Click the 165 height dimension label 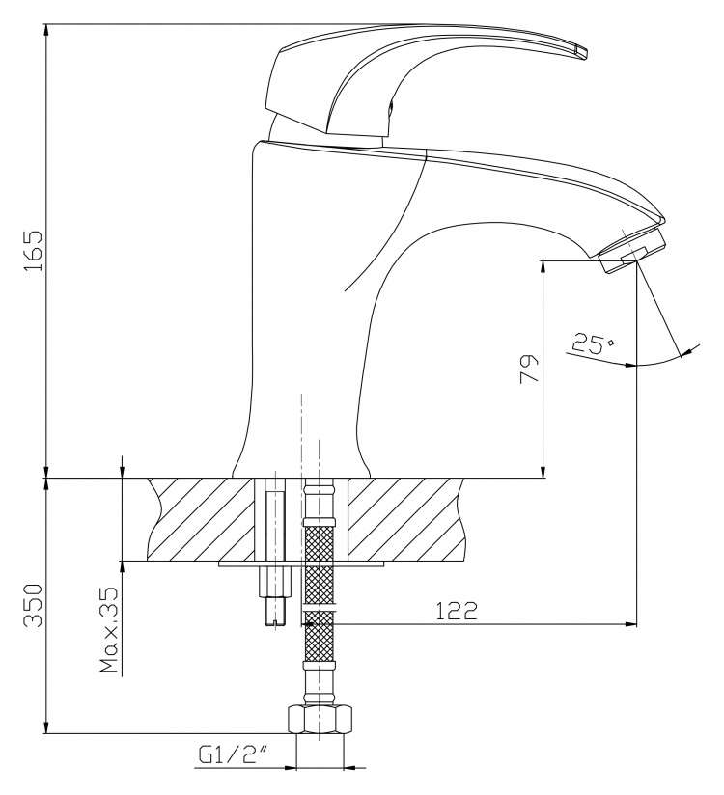click(x=34, y=251)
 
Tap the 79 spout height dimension click(x=528, y=370)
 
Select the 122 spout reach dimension click(x=457, y=611)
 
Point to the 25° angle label click(x=592, y=343)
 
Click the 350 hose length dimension click(x=34, y=605)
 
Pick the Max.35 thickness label click(x=108, y=630)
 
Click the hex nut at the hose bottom click(x=320, y=719)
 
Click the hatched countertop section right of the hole click(x=405, y=519)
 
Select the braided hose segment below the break click(x=320, y=637)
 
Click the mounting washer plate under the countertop click(x=301, y=563)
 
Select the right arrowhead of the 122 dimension click(x=630, y=623)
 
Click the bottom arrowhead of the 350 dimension click(x=46, y=726)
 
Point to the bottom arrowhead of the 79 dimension click(x=543, y=471)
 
